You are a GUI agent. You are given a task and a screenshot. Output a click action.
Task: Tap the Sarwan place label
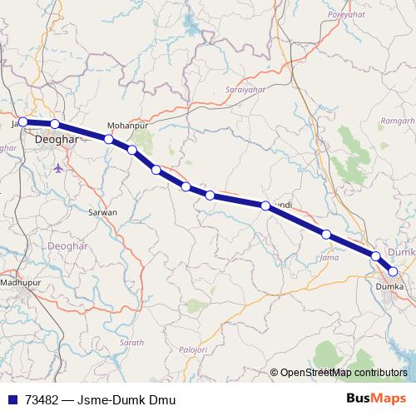click(103, 212)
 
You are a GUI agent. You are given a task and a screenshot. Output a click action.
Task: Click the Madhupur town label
click(20, 283)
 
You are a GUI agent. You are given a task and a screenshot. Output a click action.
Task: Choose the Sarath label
click(131, 342)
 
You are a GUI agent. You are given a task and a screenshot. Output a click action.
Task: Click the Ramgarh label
click(397, 121)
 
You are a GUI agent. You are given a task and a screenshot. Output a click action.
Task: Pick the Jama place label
click(328, 258)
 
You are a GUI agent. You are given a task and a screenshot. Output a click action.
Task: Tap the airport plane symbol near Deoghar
click(57, 168)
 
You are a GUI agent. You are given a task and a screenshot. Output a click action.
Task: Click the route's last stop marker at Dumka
click(393, 271)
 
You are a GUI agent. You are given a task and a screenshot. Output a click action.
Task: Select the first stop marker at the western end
click(23, 121)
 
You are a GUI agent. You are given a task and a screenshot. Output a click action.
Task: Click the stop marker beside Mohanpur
click(109, 139)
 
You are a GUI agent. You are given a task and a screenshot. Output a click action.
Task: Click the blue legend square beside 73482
click(11, 400)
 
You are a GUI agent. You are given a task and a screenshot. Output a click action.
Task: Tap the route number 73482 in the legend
click(42, 400)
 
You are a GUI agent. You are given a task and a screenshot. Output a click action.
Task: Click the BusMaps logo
click(376, 399)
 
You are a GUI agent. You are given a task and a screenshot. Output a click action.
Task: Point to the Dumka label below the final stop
click(389, 286)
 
